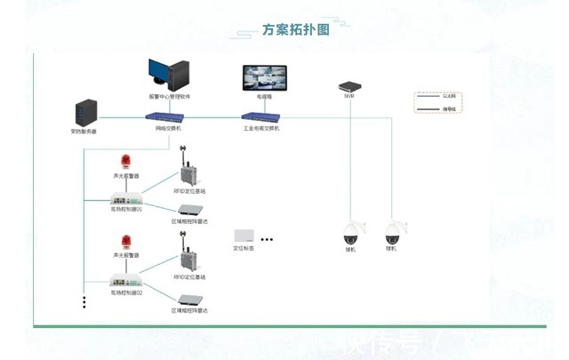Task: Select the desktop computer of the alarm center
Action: pos(168,74)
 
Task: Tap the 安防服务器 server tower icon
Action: pos(84,113)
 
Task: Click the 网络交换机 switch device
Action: pos(168,116)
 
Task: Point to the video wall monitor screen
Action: pos(264,77)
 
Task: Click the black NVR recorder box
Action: pos(349,85)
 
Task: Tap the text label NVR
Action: pos(349,97)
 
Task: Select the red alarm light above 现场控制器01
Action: pos(126,163)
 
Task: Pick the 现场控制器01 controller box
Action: pos(126,200)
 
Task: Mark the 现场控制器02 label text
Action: pos(126,292)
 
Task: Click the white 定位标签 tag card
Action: pos(244,236)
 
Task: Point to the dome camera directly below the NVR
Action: pos(353,233)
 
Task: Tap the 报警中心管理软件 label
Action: pos(168,96)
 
